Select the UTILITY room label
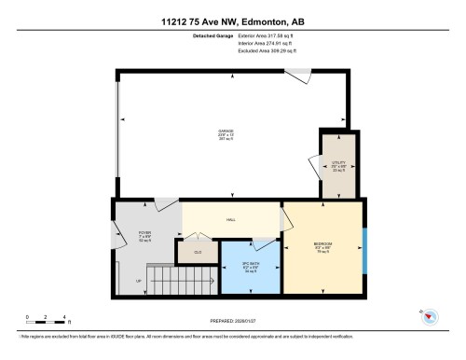(338, 165)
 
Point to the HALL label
(230, 220)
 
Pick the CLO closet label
(198, 252)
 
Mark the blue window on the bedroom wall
(364, 247)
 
